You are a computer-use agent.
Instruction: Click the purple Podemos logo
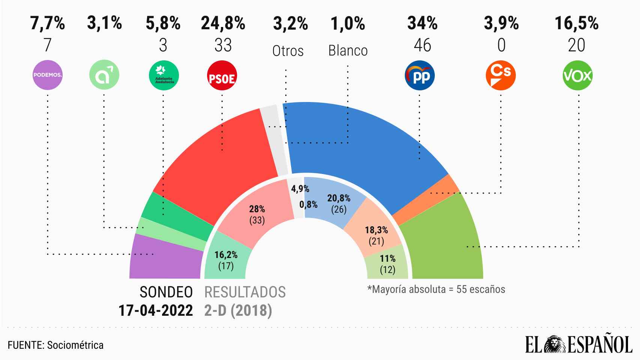point(48,75)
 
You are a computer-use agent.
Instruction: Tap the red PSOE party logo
point(222,76)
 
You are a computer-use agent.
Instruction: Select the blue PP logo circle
point(419,76)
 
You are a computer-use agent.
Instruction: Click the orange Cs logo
point(500,75)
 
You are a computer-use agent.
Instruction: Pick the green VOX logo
point(578,76)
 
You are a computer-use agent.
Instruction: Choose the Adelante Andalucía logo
point(164,76)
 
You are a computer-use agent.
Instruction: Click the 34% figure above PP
point(422,23)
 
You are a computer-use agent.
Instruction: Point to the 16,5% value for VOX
point(577,23)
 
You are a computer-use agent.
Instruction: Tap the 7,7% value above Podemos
point(48,23)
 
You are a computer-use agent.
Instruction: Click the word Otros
point(288,51)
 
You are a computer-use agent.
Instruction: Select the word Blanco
point(348,51)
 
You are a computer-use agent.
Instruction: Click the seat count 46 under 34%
point(422,45)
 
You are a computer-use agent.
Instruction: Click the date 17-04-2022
point(156,310)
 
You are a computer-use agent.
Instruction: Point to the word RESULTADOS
point(245,292)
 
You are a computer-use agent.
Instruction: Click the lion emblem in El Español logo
point(555,344)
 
